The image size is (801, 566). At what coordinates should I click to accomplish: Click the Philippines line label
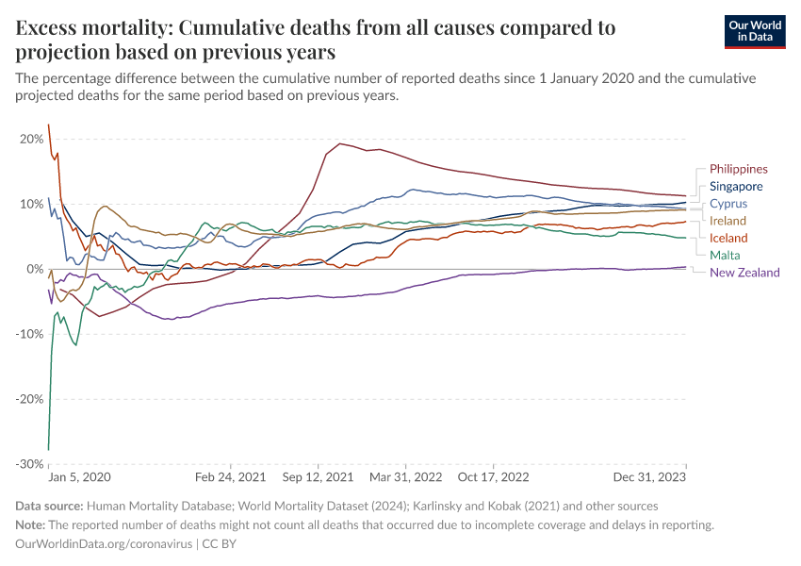[739, 169]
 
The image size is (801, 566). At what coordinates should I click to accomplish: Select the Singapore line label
[736, 187]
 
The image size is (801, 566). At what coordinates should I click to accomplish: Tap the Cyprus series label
[728, 204]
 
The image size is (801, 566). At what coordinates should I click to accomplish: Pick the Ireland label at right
[727, 221]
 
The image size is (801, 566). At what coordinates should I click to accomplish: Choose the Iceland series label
[728, 238]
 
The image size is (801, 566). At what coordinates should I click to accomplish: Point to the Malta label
[725, 255]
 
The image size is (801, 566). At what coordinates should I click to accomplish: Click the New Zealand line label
[744, 273]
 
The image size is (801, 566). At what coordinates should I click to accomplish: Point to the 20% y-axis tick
[32, 140]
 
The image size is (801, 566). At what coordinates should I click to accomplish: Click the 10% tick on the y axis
[32, 205]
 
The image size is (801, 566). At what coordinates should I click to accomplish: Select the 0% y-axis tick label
[36, 270]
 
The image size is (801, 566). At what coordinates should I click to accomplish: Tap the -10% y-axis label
[30, 334]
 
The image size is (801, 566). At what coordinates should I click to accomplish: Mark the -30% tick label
[30, 464]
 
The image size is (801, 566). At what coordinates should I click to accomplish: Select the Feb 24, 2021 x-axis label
[232, 478]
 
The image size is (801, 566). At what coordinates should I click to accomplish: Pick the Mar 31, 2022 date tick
[405, 478]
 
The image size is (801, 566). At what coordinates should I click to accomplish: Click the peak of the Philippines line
[340, 143]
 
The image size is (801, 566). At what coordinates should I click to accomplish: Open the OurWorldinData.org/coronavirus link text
[104, 544]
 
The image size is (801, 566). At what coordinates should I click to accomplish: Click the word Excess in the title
[48, 28]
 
